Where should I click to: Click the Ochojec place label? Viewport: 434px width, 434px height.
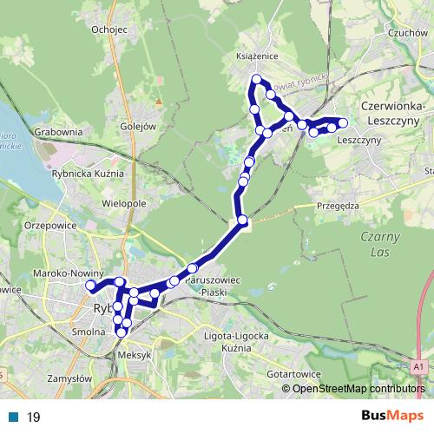109,30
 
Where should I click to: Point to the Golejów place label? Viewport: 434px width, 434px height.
137,125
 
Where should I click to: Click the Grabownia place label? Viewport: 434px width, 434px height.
59,132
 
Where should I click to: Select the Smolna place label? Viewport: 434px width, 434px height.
89,331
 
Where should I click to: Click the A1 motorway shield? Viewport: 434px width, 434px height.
421,368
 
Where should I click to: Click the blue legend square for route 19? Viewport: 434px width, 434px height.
13,417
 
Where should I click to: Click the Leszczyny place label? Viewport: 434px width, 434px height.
359,139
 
